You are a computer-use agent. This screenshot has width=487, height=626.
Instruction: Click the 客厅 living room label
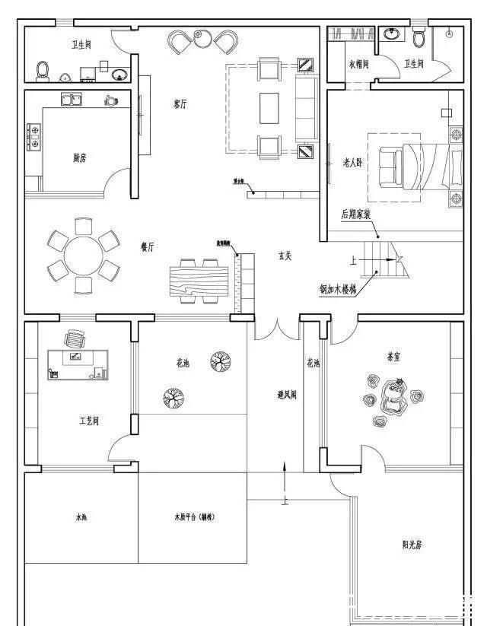coord(180,104)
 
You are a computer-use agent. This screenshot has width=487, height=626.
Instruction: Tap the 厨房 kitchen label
coord(80,158)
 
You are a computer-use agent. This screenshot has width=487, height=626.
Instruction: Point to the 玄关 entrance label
coord(285,256)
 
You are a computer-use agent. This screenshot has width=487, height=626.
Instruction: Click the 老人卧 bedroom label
coord(353,162)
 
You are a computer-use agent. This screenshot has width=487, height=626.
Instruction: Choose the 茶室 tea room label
coord(394,356)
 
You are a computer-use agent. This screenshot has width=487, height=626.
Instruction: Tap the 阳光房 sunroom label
coord(412,545)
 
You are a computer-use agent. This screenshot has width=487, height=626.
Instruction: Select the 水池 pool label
coord(82,517)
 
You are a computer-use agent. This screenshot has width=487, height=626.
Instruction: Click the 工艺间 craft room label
coord(89,420)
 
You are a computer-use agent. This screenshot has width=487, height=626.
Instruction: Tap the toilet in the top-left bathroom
coord(43,71)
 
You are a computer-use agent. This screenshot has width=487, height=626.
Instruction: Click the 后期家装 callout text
coord(355,215)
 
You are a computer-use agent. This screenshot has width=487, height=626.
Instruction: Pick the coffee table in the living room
coord(270,107)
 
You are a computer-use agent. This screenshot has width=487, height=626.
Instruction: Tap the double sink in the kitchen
coord(72,100)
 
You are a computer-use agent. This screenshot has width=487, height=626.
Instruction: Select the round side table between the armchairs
coord(202,38)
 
